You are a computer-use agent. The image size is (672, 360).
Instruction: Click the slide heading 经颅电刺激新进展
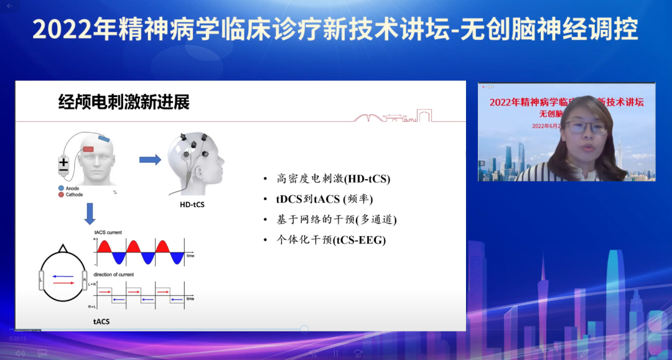point(124,102)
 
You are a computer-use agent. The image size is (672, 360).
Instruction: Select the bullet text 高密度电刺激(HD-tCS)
point(333,179)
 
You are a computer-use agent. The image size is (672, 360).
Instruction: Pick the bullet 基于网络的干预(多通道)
point(336,219)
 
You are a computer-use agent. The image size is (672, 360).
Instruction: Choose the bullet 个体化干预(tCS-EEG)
point(330,239)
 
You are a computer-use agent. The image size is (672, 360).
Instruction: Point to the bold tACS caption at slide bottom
point(102,321)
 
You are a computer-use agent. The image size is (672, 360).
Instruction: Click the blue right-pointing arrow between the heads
point(149,160)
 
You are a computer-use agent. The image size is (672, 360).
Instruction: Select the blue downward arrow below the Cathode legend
point(90,213)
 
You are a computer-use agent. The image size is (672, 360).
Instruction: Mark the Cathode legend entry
point(74,195)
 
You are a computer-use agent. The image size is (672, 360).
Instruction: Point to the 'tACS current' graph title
point(108,233)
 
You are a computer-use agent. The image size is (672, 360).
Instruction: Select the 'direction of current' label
point(114,274)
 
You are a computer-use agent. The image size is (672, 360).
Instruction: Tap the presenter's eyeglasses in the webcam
point(586,127)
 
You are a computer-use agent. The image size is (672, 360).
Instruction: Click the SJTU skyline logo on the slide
point(392,116)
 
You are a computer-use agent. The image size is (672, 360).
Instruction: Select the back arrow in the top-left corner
point(9,6)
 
